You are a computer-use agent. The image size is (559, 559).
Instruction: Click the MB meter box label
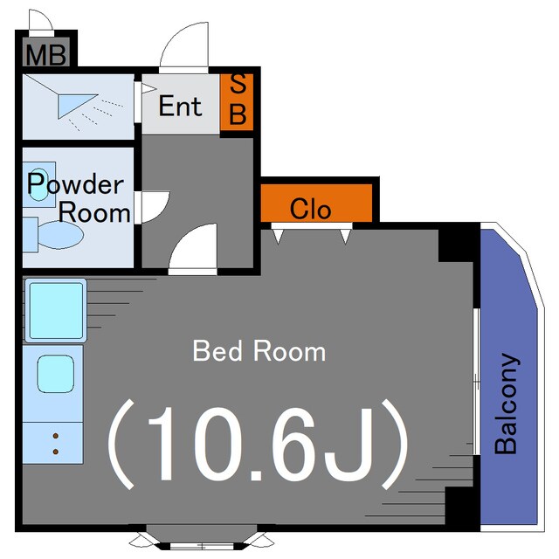point(46,55)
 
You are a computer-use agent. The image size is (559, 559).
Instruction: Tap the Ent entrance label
point(180,106)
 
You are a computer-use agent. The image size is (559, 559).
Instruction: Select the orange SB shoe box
point(237,102)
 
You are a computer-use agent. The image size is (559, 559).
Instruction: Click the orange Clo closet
point(316,204)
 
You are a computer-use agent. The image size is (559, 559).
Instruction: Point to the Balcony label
point(507,404)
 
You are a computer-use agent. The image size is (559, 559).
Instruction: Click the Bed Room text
point(259,351)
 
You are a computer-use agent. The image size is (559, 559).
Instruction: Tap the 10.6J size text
point(258,444)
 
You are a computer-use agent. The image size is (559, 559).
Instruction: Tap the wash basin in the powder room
point(39,184)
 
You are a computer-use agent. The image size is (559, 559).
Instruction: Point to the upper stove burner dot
point(56,436)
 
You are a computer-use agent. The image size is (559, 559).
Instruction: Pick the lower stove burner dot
point(56,452)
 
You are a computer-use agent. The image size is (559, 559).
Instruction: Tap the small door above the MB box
point(42,21)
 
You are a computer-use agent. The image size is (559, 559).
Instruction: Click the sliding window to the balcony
point(477,382)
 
